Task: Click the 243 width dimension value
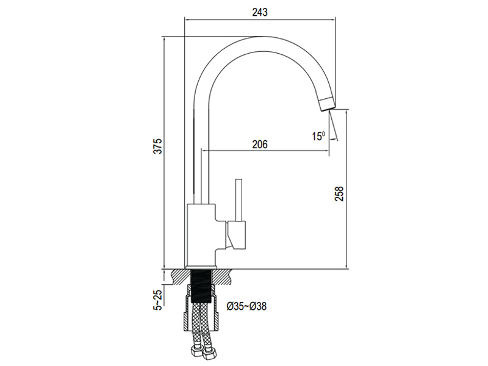(x=260, y=12)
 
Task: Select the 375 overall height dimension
(x=159, y=146)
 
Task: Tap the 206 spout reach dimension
(x=260, y=145)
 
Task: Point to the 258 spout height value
(x=339, y=193)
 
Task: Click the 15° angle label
(x=318, y=136)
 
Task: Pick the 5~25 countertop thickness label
(x=159, y=300)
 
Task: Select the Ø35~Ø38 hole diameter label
(x=246, y=307)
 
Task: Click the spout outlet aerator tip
(x=327, y=104)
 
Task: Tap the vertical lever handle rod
(x=239, y=200)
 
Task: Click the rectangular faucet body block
(x=201, y=235)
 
